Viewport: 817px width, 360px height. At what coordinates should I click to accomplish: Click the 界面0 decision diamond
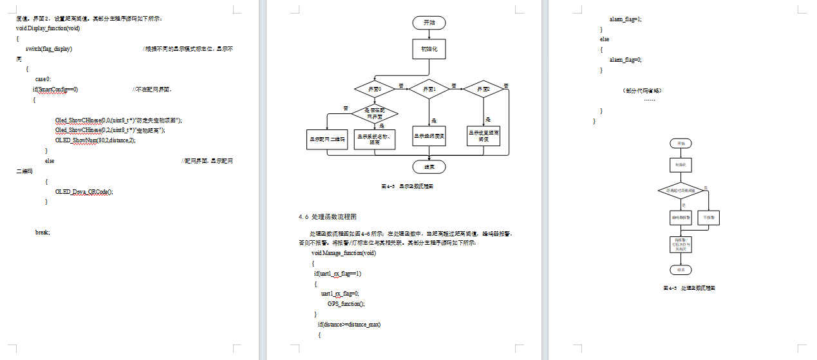click(x=375, y=89)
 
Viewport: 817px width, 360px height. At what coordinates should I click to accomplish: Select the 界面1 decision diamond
click(x=429, y=89)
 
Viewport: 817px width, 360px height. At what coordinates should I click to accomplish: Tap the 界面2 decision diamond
click(x=484, y=89)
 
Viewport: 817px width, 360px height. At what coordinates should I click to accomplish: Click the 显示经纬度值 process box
click(x=429, y=136)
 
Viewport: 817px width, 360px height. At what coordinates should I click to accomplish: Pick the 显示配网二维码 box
click(x=327, y=139)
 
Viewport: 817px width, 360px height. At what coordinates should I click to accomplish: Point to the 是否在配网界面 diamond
click(x=375, y=114)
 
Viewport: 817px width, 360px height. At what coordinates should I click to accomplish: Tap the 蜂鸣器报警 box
click(x=681, y=218)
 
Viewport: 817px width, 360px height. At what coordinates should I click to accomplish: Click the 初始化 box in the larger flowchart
click(x=429, y=49)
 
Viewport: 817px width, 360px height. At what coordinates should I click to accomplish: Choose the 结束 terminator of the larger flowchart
click(x=429, y=167)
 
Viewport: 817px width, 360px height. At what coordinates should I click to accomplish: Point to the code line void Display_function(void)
click(x=48, y=28)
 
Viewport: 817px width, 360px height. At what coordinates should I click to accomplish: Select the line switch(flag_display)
click(x=49, y=49)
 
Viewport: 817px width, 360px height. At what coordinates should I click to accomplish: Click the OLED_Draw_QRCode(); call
click(x=84, y=191)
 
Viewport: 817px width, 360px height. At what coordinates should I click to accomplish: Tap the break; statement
click(x=42, y=232)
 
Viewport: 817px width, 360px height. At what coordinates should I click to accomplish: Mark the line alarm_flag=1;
click(x=625, y=19)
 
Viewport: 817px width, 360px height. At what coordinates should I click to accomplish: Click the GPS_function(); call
click(x=346, y=303)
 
